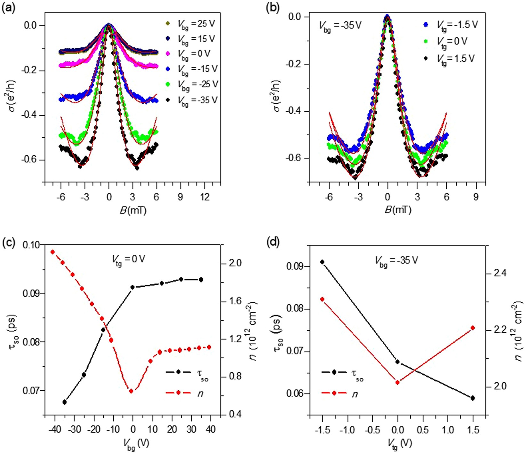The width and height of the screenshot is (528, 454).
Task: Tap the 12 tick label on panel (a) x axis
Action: pos(204,197)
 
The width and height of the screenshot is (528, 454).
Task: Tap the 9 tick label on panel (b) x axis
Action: pos(476,197)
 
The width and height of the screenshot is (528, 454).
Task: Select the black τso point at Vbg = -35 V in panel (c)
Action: pos(65,402)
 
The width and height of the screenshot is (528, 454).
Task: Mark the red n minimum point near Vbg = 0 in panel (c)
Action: pos(131,391)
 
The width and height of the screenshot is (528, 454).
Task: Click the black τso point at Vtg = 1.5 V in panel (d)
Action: pos(473,398)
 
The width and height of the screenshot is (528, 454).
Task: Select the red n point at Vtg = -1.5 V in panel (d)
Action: pos(322,299)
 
